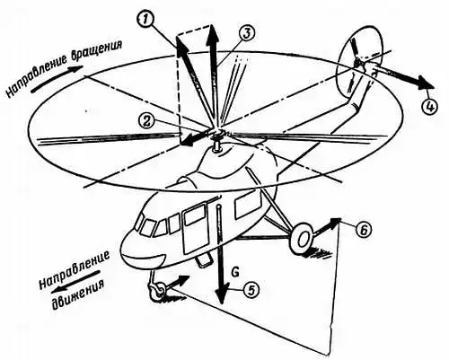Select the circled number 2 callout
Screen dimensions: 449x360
[147, 122]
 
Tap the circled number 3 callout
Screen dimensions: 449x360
[246, 33]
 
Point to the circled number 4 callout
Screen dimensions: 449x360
[429, 107]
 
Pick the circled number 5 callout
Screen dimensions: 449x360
[251, 290]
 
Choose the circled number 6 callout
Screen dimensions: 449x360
[363, 230]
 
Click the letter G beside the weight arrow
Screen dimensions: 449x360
[235, 273]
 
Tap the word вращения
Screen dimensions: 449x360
[96, 53]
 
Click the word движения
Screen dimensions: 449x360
[79, 293]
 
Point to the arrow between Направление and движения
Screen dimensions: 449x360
[75, 281]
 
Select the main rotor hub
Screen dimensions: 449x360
[216, 134]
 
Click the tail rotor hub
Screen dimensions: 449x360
[359, 63]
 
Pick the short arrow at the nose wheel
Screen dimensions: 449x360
[177, 282]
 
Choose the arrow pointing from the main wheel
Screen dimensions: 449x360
[326, 226]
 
